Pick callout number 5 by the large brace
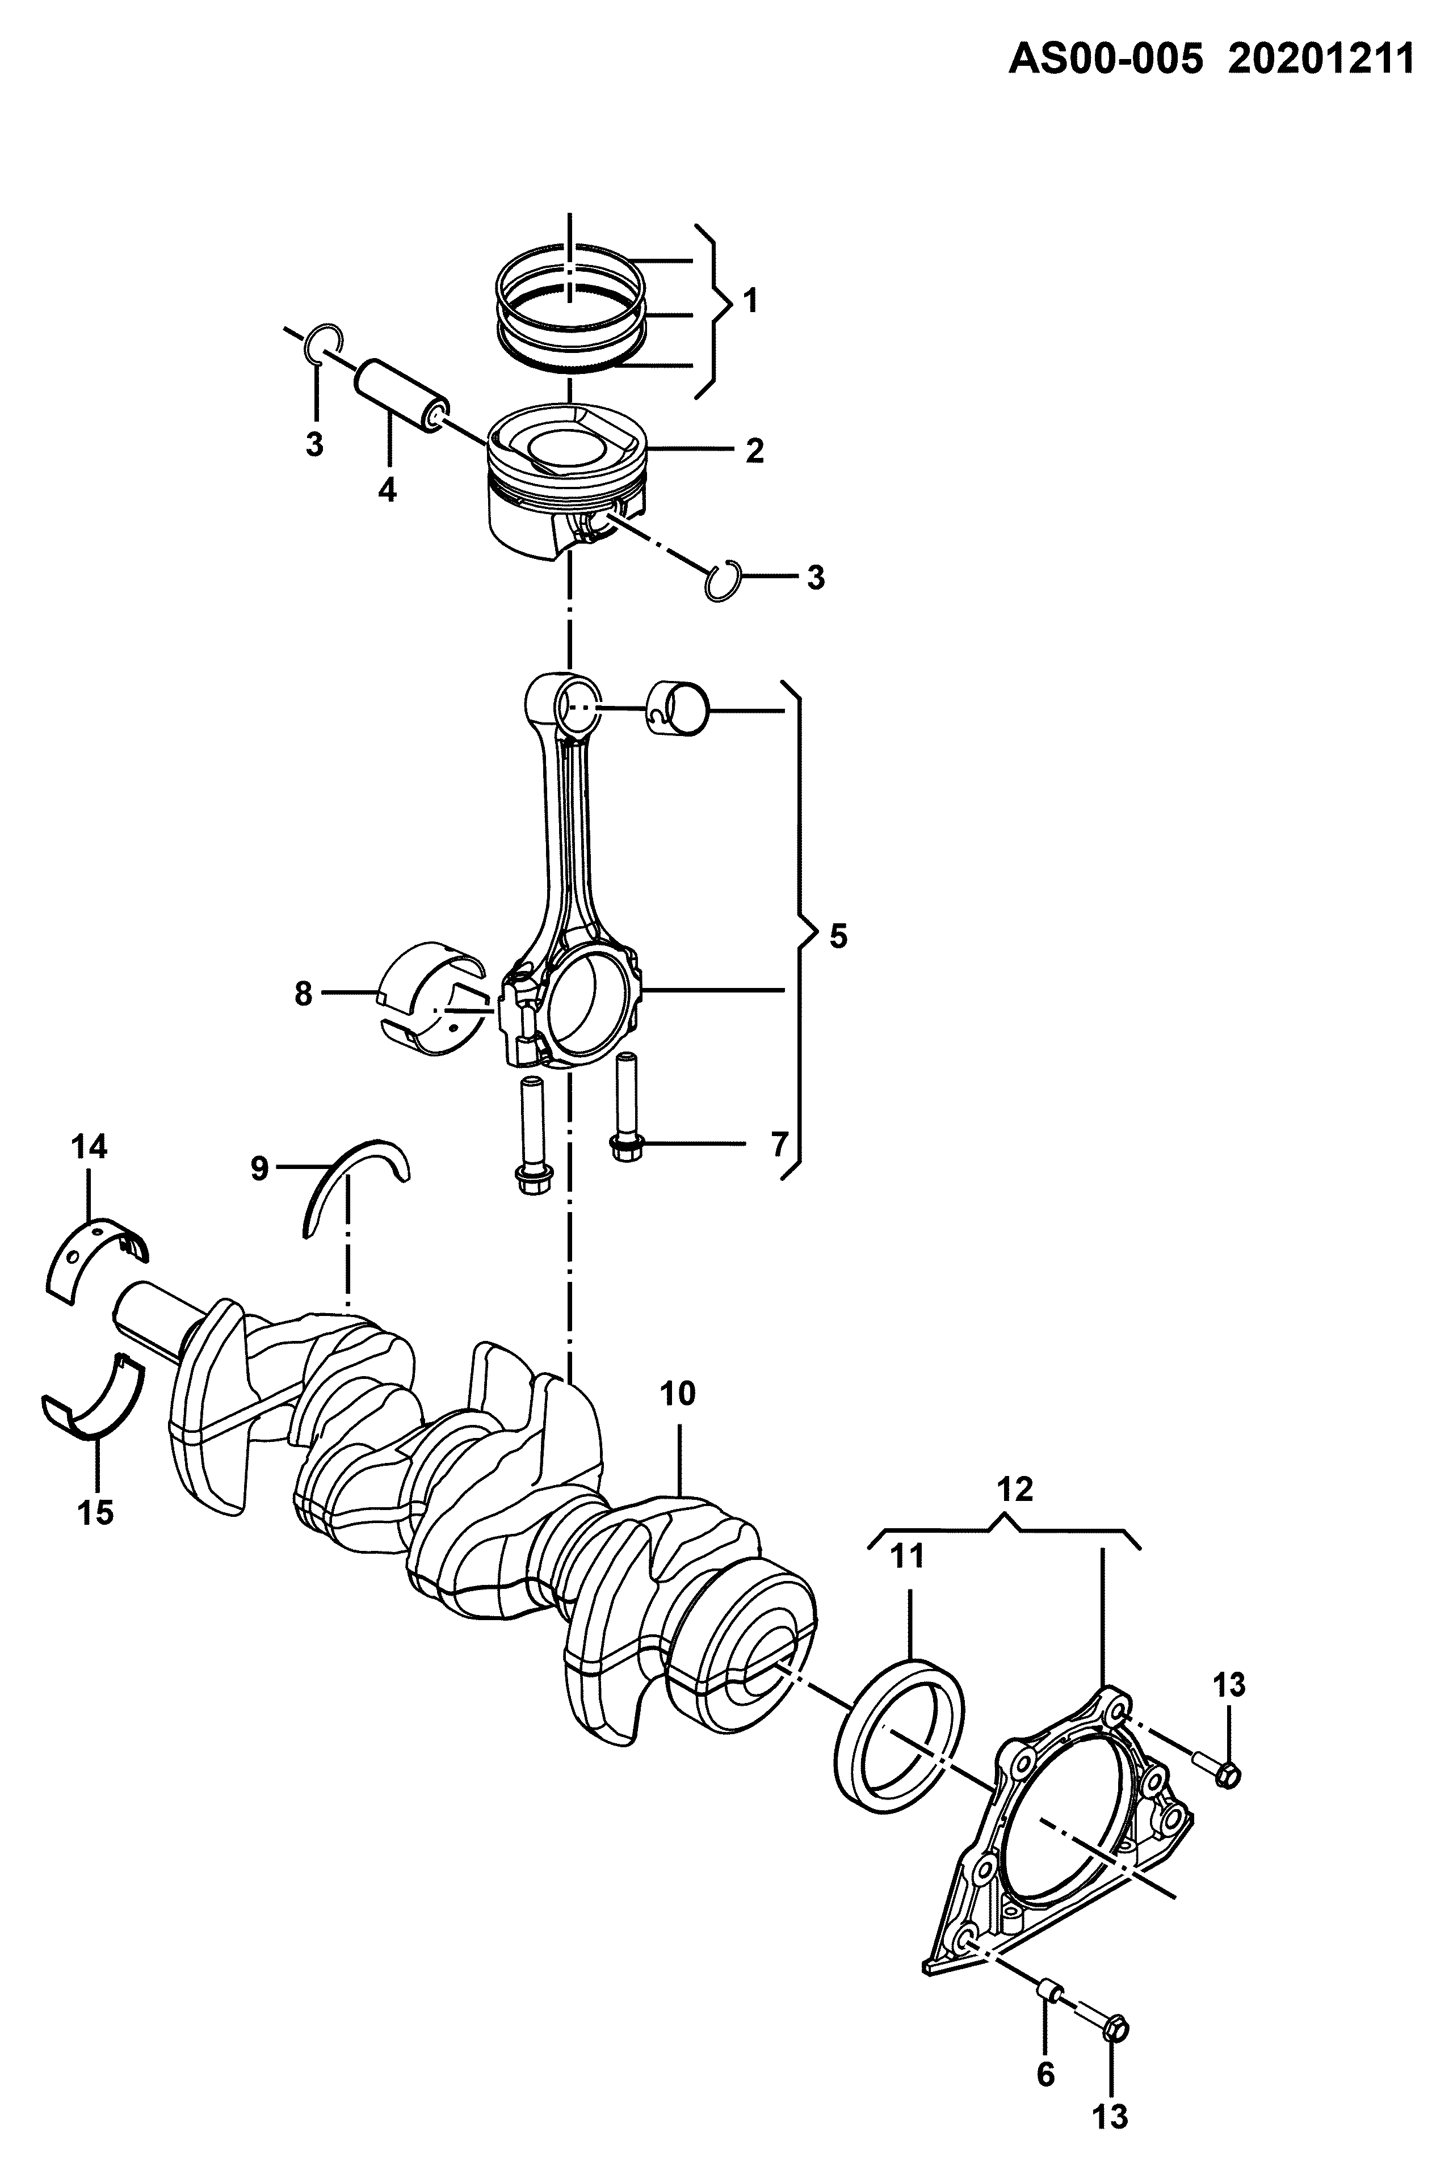pyautogui.click(x=838, y=937)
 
